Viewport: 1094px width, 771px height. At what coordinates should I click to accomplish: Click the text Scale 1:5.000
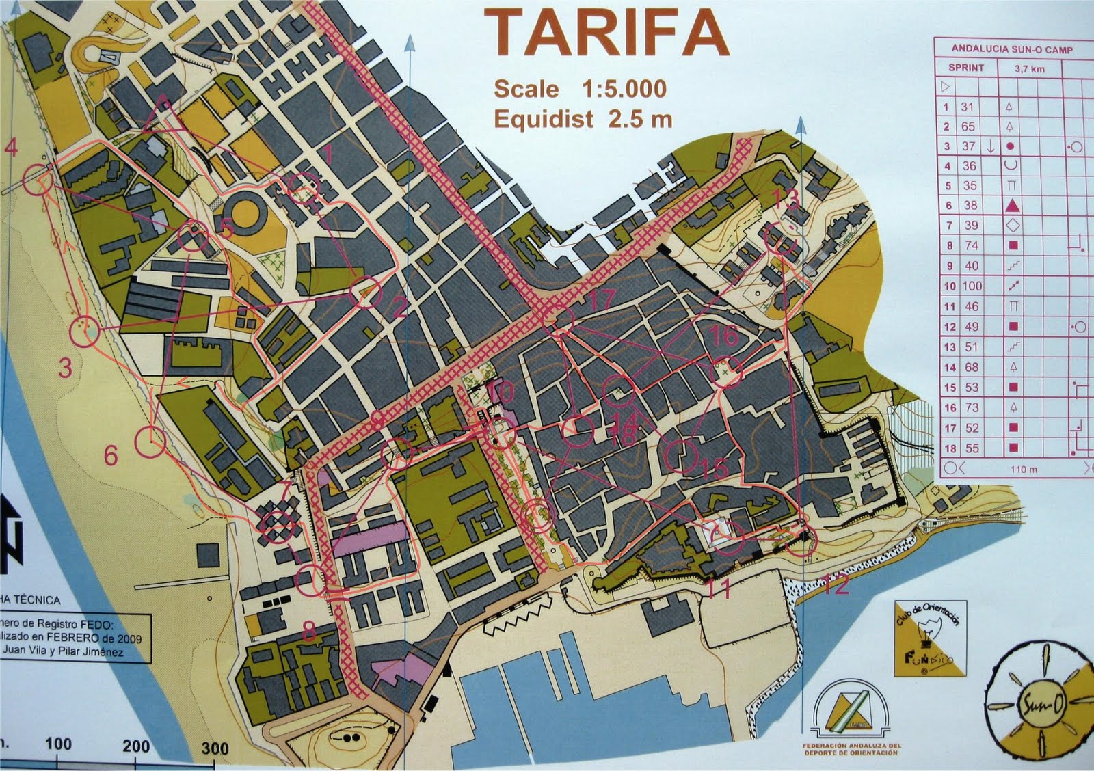click(580, 90)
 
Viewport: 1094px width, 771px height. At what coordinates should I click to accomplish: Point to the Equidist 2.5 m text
click(583, 119)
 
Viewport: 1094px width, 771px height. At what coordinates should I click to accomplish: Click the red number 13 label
click(787, 199)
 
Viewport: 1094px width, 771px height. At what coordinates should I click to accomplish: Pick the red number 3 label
click(65, 369)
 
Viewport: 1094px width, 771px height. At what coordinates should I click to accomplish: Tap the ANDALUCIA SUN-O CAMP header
click(1012, 49)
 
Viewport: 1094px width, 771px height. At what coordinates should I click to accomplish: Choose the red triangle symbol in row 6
click(1013, 205)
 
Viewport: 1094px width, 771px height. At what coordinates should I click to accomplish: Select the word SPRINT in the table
click(965, 68)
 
